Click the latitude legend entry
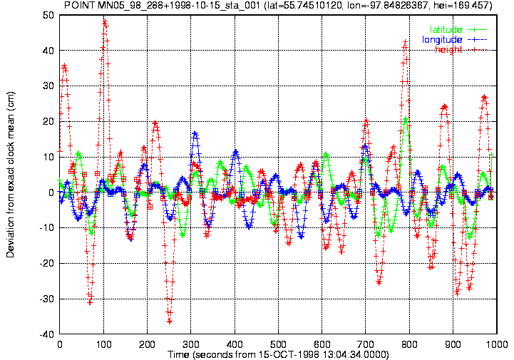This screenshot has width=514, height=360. (458, 29)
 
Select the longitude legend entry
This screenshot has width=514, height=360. (454, 40)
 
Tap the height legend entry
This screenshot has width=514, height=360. (461, 50)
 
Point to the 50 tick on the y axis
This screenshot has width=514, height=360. (48, 15)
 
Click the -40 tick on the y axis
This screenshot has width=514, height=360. (47, 334)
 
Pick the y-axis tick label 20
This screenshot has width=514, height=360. (48, 121)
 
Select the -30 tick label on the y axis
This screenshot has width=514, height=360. (47, 299)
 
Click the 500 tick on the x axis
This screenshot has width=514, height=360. (278, 344)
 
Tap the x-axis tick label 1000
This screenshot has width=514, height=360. (496, 344)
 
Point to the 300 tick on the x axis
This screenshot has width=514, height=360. (191, 344)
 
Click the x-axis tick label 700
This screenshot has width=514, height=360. (366, 344)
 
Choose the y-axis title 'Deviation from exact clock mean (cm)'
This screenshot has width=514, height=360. (11, 175)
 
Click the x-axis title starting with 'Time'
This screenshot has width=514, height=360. (278, 355)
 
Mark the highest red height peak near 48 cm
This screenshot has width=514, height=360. (105, 22)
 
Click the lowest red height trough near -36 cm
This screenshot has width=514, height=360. (170, 322)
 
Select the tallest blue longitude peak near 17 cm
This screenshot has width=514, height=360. (195, 133)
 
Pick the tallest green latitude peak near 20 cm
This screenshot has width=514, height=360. (406, 118)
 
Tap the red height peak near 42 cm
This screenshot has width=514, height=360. (405, 42)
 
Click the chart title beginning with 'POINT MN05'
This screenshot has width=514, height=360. (278, 5)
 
